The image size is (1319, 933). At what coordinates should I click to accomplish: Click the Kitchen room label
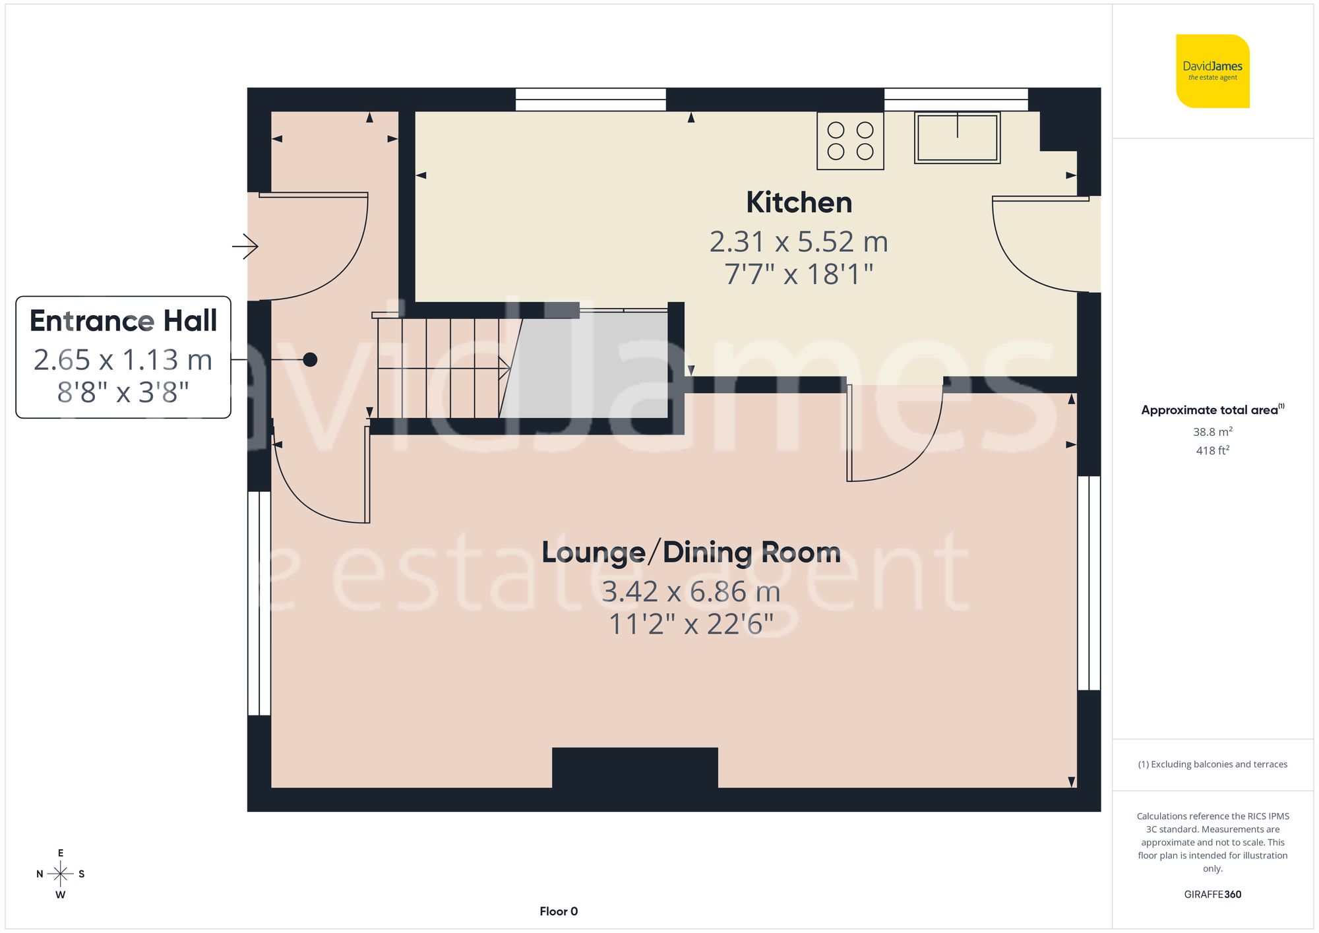click(799, 202)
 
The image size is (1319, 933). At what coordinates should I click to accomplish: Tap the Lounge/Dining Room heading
click(690, 553)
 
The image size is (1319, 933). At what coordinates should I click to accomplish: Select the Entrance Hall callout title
click(123, 321)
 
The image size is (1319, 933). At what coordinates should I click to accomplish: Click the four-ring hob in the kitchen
click(850, 141)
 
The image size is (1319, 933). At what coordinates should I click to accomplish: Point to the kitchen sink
click(957, 138)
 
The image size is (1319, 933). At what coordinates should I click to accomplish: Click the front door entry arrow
click(245, 247)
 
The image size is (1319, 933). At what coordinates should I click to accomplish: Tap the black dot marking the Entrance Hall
click(310, 359)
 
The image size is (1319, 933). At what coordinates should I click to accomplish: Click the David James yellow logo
click(1212, 71)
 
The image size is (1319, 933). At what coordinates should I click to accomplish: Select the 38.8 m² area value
click(1212, 432)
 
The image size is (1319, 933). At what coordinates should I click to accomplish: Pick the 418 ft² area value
click(1212, 450)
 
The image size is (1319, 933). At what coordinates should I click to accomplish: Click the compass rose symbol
click(60, 874)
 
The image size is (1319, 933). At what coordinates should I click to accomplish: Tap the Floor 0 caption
click(559, 911)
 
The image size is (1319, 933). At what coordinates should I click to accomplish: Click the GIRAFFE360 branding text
click(1212, 894)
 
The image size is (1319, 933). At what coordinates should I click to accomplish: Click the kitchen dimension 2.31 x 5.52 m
click(799, 242)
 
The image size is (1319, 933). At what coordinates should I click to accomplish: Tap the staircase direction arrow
click(505, 368)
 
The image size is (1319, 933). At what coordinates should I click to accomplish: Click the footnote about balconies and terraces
click(1212, 764)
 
